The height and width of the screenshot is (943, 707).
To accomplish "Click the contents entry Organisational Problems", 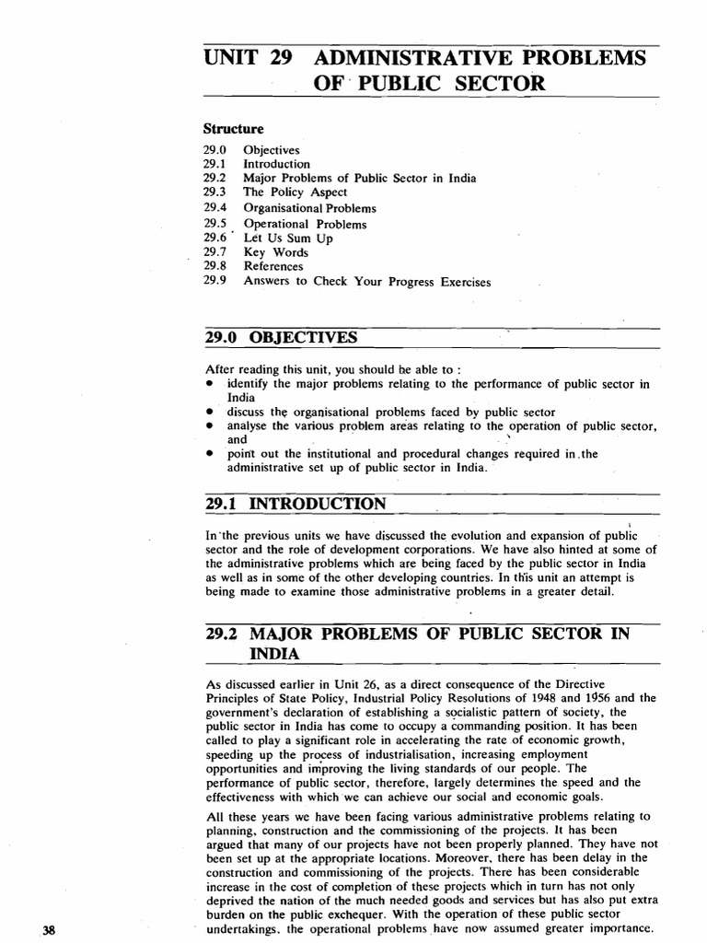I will pos(309,208).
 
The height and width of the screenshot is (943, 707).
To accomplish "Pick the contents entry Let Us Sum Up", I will pos(288,238).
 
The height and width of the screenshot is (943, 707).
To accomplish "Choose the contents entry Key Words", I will pos(276,252).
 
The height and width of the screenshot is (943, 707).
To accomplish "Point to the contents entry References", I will pos(273,267).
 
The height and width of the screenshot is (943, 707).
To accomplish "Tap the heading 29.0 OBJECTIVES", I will pos(280,337).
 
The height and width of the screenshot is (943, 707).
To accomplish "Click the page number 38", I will pos(50,930).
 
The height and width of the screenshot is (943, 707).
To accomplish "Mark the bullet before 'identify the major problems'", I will pos(211,383).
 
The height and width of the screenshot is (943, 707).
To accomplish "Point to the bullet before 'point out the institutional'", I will pos(211,454).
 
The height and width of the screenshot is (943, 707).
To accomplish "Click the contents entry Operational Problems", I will pos(305,224).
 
